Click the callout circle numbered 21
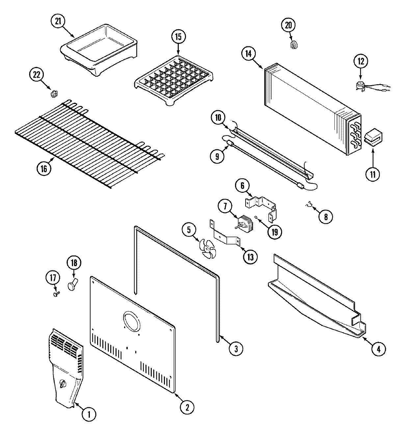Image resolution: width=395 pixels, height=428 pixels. click(x=58, y=22)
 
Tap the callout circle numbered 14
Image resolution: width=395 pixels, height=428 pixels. click(x=249, y=54)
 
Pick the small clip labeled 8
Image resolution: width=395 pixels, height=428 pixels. click(x=308, y=206)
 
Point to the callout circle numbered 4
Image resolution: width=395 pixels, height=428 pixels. click(x=378, y=349)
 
